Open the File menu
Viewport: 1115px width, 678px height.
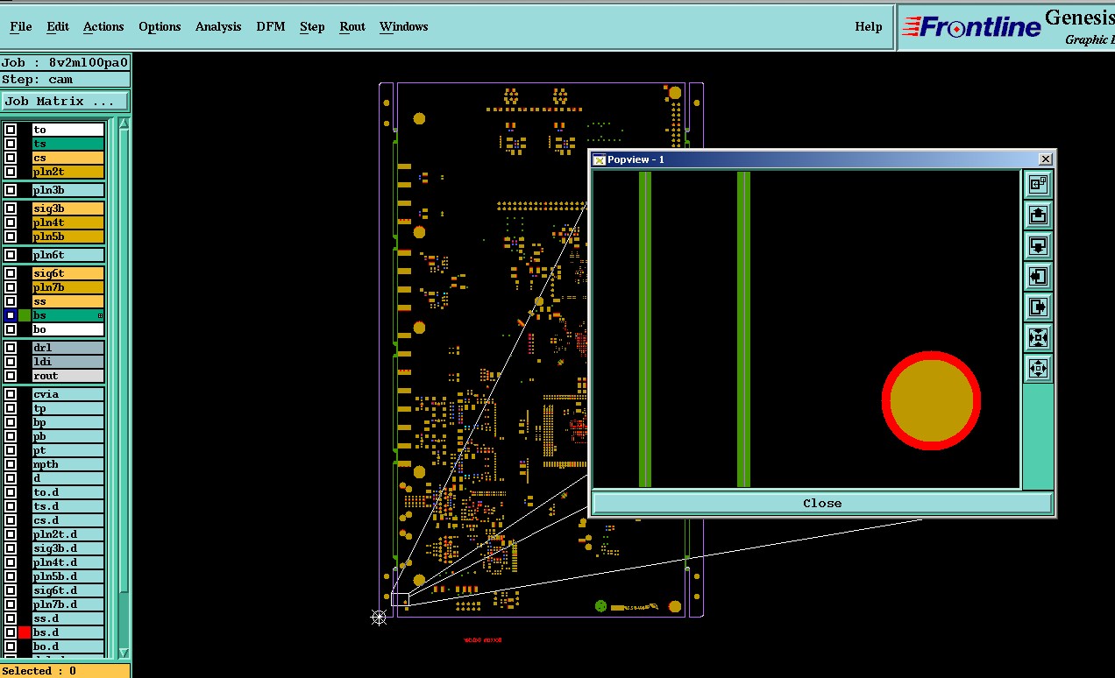[x=21, y=27]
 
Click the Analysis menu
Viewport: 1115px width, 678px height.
[x=218, y=27]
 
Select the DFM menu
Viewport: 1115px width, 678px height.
[x=271, y=27]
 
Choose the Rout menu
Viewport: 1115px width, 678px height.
[x=352, y=27]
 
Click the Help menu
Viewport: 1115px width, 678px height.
[x=868, y=27]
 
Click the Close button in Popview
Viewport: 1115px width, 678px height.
[x=821, y=503]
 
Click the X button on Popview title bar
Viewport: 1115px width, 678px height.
[x=1045, y=159]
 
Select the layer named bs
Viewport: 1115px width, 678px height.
[x=67, y=315]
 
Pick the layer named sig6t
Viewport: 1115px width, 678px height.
[x=67, y=273]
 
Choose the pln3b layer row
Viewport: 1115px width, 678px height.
[x=67, y=190]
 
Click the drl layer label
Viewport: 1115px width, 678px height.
[x=67, y=348]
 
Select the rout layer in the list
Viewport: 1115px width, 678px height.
[x=67, y=376]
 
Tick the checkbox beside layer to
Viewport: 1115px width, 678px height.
[x=11, y=130]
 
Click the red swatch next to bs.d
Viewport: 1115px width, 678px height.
[x=25, y=632]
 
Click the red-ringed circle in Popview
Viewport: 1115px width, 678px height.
[x=931, y=401]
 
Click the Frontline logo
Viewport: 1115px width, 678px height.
[x=971, y=27]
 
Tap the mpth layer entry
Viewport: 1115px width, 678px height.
[x=67, y=464]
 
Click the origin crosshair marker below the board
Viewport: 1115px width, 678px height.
[x=379, y=618]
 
